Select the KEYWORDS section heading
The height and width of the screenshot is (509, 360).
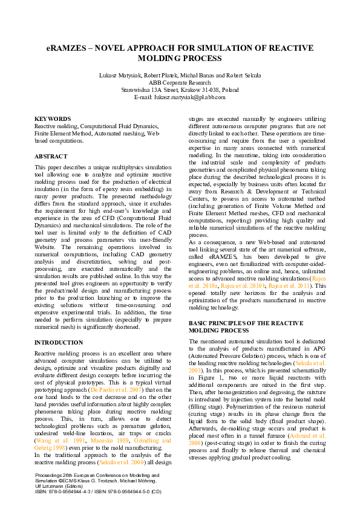[53, 119]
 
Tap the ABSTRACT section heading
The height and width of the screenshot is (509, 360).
[51, 156]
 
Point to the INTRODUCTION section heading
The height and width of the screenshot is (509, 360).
[59, 342]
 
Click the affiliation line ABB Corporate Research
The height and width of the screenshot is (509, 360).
[180, 82]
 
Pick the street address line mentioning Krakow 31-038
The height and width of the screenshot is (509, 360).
[180, 89]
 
